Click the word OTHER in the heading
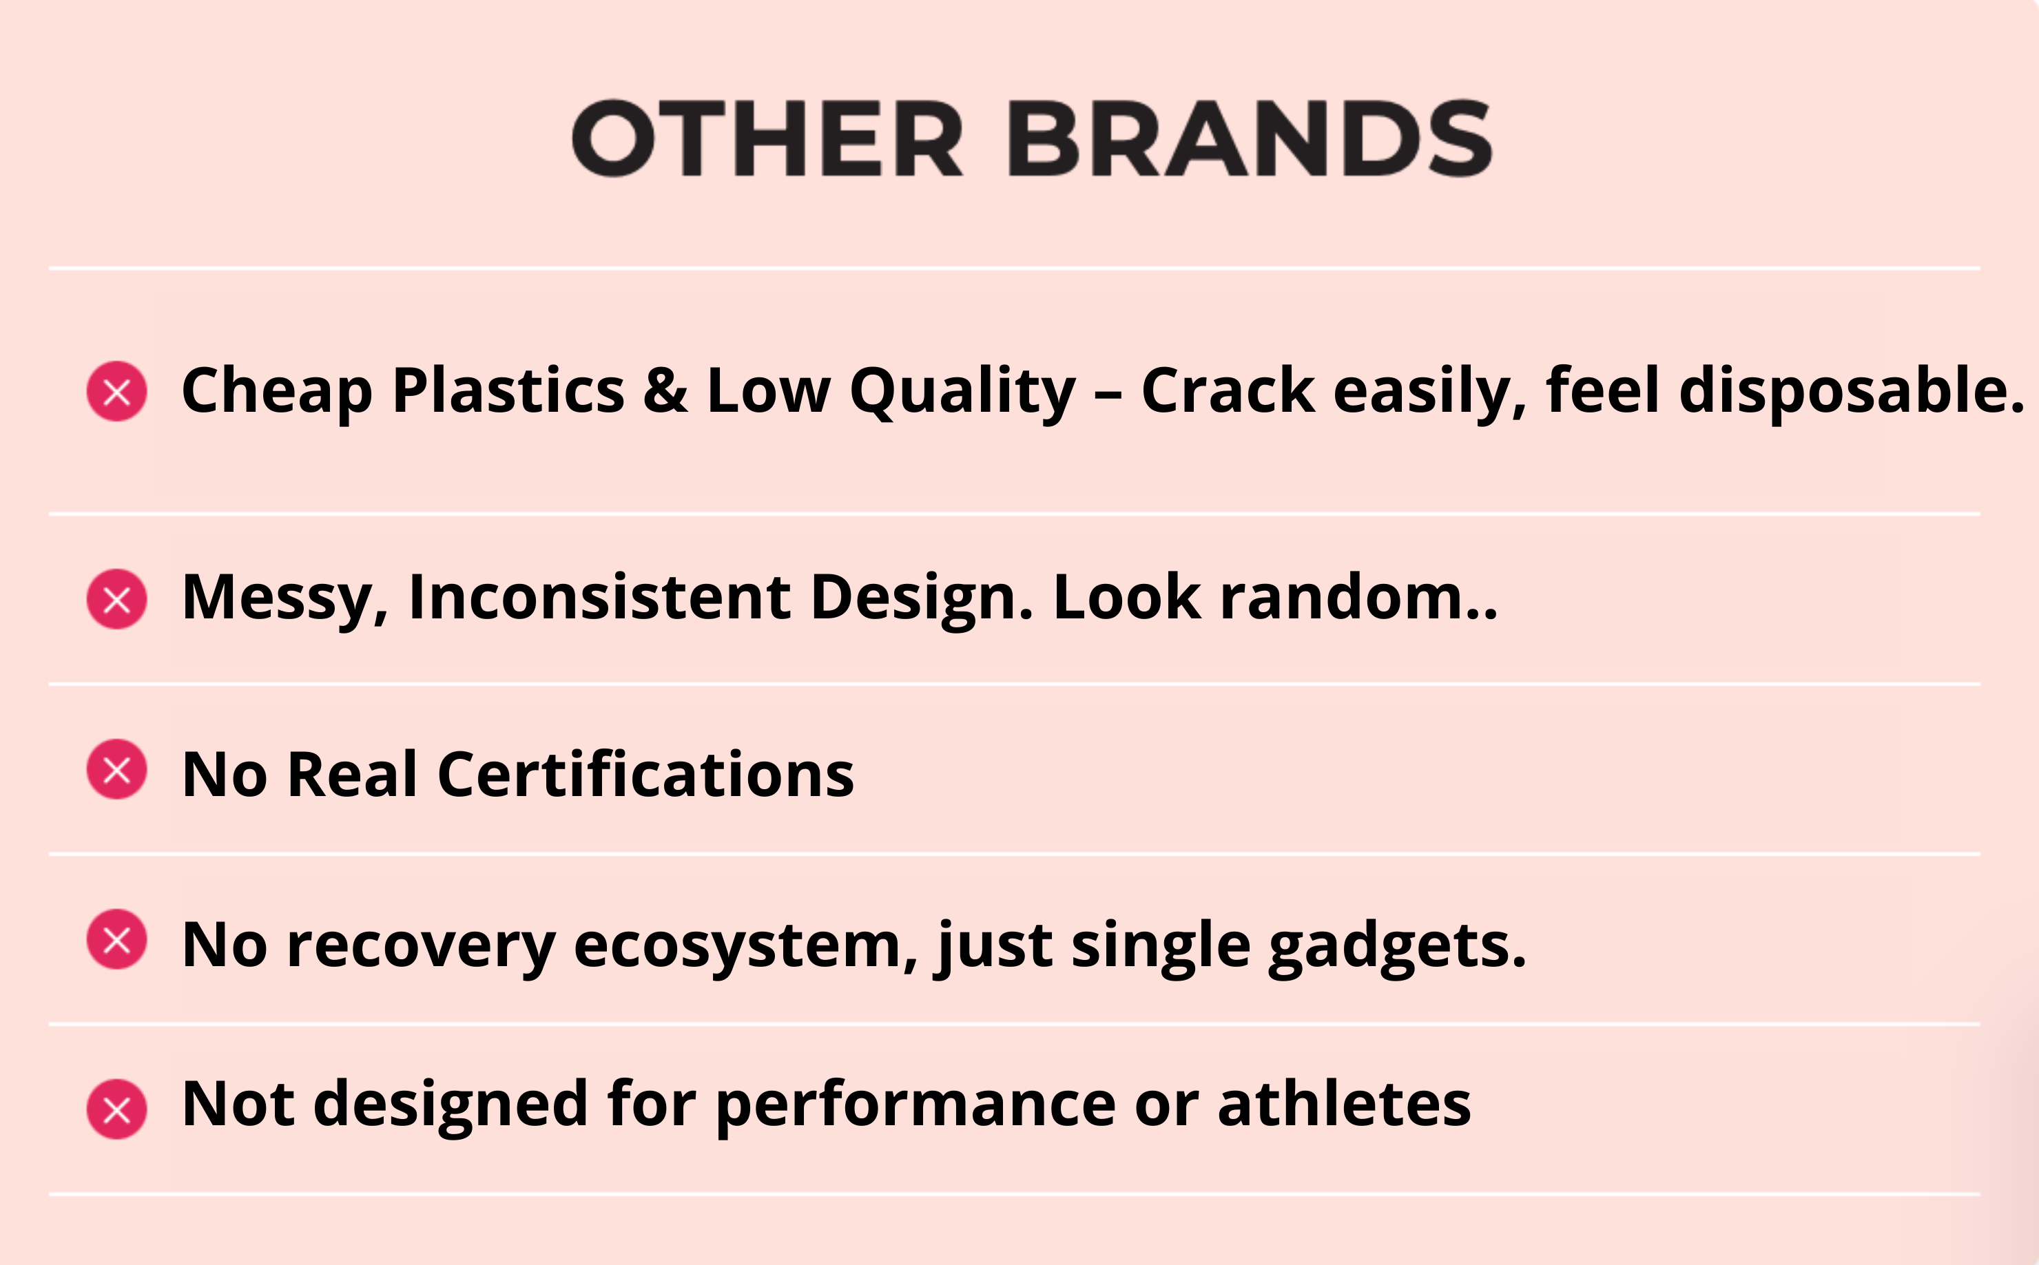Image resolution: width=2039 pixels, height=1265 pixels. click(768, 138)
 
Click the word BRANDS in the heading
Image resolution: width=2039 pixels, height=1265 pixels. click(1250, 138)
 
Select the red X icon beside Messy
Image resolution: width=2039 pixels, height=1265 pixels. click(117, 599)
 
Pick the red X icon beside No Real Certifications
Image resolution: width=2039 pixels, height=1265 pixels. click(117, 769)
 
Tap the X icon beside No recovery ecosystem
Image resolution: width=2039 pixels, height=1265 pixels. click(117, 939)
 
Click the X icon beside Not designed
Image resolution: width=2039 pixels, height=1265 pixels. click(117, 1109)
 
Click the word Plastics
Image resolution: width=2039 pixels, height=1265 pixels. click(508, 390)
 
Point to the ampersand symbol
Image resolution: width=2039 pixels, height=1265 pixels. click(666, 390)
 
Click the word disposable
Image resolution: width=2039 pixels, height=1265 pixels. click(1852, 390)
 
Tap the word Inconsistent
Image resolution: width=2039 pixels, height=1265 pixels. click(600, 596)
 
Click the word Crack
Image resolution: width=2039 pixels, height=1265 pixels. click(1228, 390)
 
